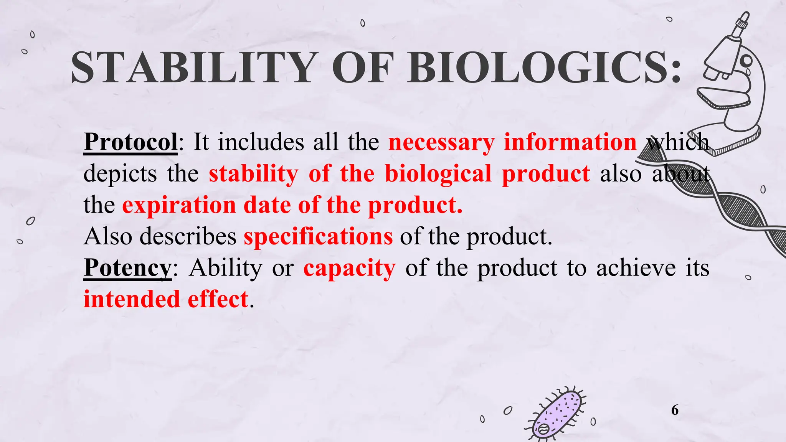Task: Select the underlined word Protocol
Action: click(x=130, y=142)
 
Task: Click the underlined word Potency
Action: click(x=127, y=268)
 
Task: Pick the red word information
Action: click(x=570, y=142)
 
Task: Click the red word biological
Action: click(x=438, y=173)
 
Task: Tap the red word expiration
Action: click(x=179, y=205)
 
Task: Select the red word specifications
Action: click(x=318, y=236)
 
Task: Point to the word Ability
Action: click(x=226, y=268)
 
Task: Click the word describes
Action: click(x=188, y=236)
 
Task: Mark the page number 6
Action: click(x=675, y=410)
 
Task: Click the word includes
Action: click(x=261, y=142)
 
